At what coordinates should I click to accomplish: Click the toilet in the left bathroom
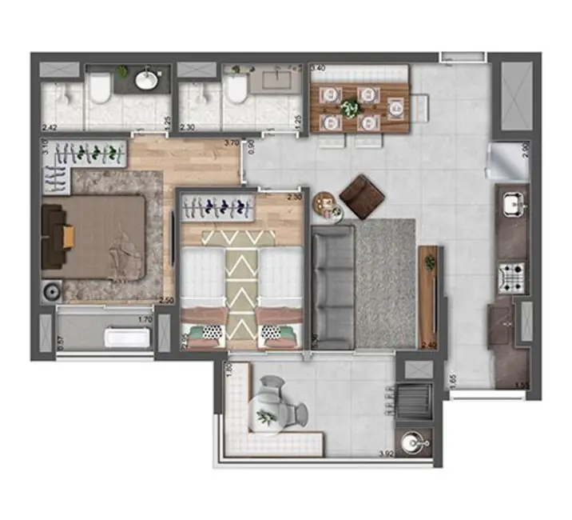tap(100, 88)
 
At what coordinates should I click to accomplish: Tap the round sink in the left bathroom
tap(147, 79)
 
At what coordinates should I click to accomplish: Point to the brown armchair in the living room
tap(362, 196)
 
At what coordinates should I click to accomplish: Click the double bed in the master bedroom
tap(100, 236)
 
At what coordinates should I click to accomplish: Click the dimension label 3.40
tap(317, 69)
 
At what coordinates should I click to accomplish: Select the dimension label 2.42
tap(49, 127)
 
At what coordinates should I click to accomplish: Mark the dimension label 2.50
tap(166, 300)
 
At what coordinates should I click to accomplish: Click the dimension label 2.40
tap(429, 345)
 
